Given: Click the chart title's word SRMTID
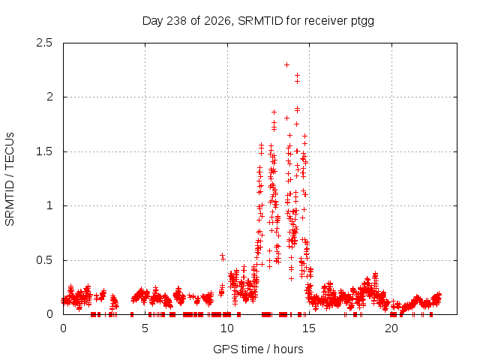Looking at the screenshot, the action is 260,21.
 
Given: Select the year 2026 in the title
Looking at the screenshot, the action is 217,21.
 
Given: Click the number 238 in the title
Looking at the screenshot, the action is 176,21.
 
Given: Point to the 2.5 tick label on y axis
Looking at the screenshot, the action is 44,43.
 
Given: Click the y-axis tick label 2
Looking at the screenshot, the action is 49,97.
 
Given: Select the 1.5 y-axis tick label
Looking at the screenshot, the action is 44,151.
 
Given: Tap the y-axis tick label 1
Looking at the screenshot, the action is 49,205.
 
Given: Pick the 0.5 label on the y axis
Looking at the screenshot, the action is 44,260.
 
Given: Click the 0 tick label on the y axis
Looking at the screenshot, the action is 49,314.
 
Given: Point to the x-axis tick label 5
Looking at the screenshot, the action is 145,328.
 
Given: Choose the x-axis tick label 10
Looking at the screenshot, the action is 227,328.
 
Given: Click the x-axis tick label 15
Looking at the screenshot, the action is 309,328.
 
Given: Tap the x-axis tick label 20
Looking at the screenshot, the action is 391,328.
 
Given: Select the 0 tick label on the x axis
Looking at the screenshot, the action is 63,328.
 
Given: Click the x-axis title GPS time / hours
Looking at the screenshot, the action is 258,349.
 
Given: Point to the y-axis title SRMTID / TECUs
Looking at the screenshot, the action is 10,179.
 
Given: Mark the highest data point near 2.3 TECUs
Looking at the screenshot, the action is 286,65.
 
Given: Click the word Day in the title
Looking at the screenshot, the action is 153,22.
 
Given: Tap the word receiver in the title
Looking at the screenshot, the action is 326,21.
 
